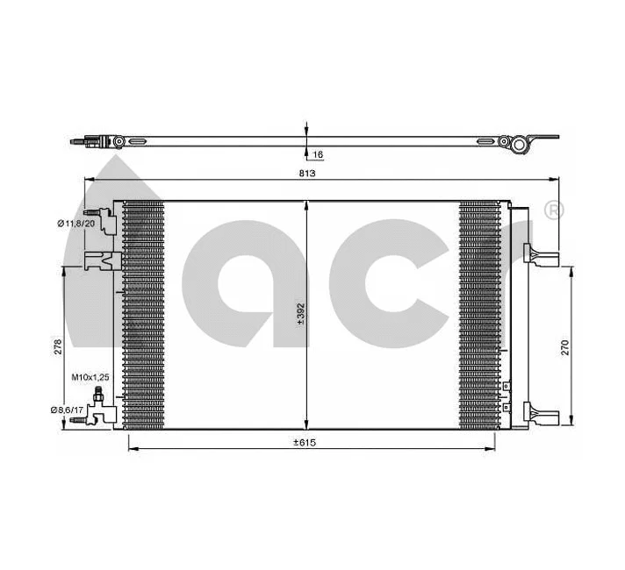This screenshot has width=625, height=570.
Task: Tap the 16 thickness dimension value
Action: (x=318, y=155)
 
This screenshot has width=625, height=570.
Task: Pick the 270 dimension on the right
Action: (x=565, y=346)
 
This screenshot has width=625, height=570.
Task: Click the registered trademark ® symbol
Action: (x=554, y=210)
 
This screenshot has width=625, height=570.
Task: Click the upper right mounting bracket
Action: (x=540, y=254)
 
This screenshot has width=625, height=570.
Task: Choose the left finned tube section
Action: (x=143, y=316)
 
